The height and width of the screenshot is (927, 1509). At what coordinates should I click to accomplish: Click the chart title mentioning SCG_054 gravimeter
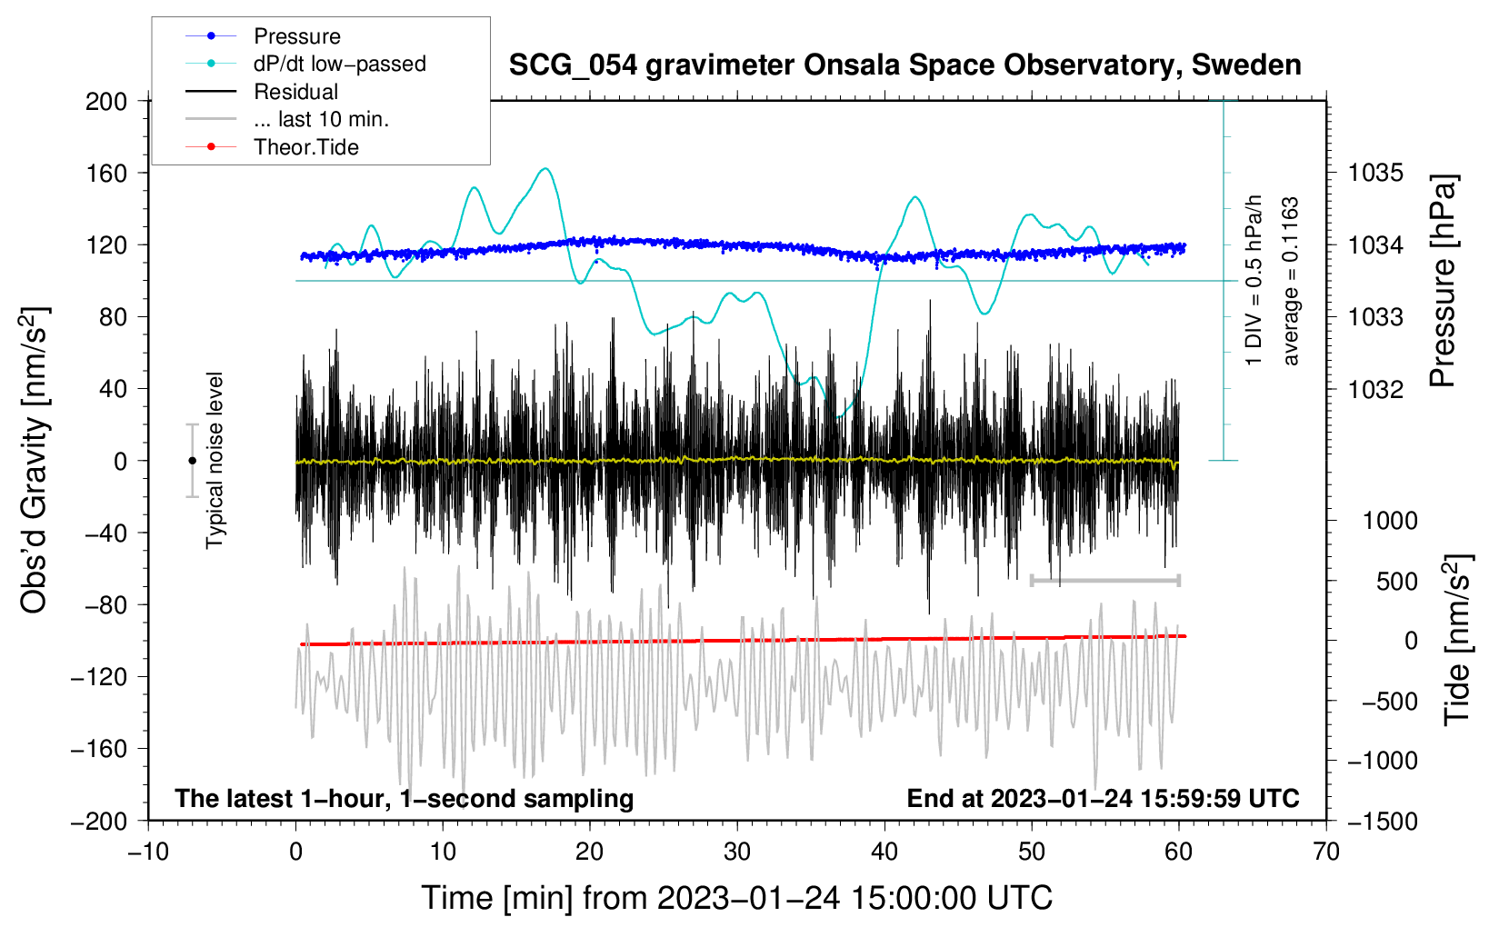pos(904,65)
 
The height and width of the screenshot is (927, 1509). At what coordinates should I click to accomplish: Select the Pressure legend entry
pos(264,35)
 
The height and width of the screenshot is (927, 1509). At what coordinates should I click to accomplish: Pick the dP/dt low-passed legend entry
pos(305,64)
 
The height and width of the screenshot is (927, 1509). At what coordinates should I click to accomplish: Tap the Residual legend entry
pos(262,92)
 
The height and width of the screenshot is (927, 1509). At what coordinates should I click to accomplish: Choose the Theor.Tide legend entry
pos(272,147)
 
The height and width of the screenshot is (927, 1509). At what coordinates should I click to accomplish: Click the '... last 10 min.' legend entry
pos(287,119)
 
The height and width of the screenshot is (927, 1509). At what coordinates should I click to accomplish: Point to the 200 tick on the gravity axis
pos(106,102)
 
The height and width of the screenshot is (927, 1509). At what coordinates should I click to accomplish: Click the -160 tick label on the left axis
pos(99,749)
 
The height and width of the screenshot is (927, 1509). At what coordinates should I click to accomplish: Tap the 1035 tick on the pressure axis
pos(1375,174)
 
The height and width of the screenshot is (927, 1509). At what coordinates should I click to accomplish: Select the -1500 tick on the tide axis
pos(1383,822)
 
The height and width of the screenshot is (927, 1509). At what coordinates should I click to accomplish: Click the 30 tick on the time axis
pos(737,852)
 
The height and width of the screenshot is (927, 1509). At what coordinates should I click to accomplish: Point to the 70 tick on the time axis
pos(1325,852)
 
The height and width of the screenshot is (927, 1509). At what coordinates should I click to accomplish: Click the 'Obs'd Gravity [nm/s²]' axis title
pos(34,460)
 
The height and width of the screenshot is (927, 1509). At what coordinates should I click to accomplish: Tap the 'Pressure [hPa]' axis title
pos(1443,281)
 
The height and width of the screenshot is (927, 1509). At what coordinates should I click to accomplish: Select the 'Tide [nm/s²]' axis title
pos(1458,640)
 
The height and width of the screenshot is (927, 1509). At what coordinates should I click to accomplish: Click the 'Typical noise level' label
pos(215,461)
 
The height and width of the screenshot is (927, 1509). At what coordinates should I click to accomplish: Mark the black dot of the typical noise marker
pos(192,461)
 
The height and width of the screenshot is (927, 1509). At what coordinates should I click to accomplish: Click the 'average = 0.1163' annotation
pos(1289,282)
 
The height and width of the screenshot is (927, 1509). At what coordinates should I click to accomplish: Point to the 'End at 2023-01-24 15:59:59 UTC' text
pos(1103,798)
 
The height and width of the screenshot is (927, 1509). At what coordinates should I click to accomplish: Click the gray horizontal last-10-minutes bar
pos(1104,580)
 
